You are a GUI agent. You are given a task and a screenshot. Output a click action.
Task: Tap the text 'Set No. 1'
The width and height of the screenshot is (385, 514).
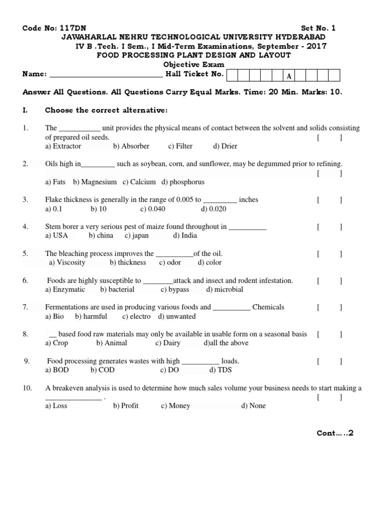click(x=318, y=29)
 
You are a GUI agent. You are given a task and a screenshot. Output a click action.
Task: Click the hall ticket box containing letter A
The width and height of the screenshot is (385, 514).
click(x=289, y=76)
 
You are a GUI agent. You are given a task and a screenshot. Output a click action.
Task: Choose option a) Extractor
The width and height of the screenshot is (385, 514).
click(x=63, y=146)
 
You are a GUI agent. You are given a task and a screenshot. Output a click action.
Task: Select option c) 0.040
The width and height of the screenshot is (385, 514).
click(x=153, y=209)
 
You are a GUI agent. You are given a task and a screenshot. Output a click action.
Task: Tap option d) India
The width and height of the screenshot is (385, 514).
click(x=185, y=235)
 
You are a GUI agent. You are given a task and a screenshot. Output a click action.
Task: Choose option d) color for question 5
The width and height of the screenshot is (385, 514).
click(x=210, y=263)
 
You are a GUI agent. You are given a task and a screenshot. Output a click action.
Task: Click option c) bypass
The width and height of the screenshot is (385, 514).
click(x=175, y=290)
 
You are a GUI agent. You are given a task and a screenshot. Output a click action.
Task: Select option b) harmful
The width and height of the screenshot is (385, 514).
click(x=91, y=316)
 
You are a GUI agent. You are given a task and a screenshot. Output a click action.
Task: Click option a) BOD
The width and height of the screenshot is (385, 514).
click(x=57, y=370)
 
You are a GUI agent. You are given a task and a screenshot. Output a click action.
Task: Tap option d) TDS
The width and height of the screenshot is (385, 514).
click(x=221, y=370)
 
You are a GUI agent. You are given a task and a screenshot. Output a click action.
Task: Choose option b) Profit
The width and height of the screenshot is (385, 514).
click(x=126, y=406)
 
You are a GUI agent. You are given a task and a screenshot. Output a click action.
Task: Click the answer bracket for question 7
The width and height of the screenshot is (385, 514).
click(x=329, y=307)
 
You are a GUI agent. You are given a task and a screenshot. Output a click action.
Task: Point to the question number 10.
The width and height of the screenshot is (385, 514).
click(x=28, y=388)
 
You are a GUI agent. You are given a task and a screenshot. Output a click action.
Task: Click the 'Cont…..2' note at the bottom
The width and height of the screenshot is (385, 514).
click(x=335, y=433)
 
